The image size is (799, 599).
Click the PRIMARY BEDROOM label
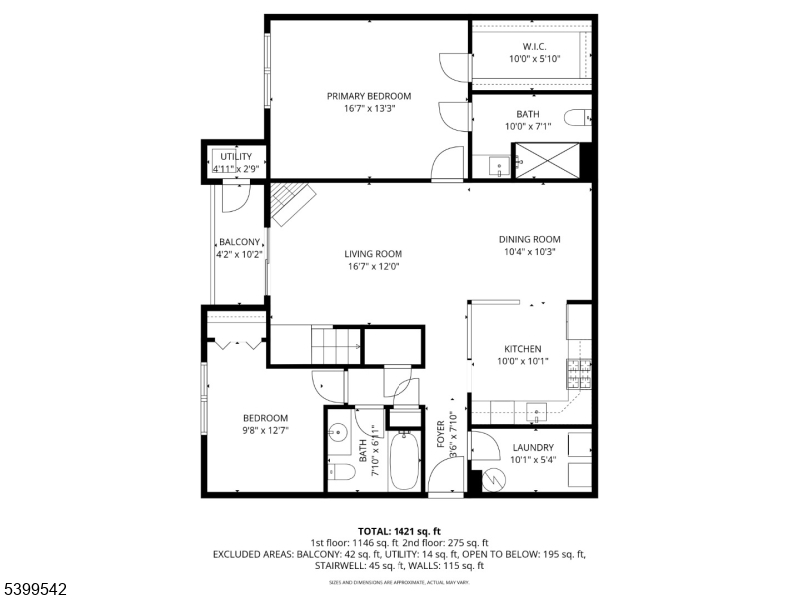tap(369, 96)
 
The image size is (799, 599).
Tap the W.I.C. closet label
tap(533, 46)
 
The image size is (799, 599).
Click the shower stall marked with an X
tap(545, 160)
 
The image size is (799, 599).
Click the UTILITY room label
tap(236, 157)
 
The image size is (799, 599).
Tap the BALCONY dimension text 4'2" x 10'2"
tap(240, 255)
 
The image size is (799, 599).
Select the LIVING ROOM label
tap(373, 254)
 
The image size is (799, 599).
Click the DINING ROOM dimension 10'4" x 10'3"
tap(529, 252)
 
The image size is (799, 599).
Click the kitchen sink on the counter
tap(537, 409)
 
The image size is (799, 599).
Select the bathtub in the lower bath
tap(403, 459)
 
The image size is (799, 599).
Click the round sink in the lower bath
tap(339, 433)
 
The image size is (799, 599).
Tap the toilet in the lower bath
tap(339, 473)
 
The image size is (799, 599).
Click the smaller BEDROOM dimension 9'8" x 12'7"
tap(265, 431)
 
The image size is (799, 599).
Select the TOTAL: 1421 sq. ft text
tap(399, 531)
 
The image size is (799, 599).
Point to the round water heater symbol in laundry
tap(493, 480)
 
